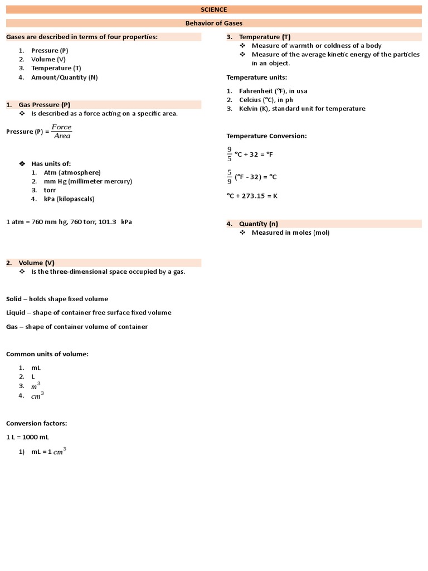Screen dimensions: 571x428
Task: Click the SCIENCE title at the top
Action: (214, 9)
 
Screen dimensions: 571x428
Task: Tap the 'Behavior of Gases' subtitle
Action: (214, 23)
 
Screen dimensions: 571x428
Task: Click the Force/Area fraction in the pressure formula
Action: (61, 132)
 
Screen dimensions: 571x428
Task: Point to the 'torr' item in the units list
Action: (50, 190)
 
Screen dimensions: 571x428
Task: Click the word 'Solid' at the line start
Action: (14, 298)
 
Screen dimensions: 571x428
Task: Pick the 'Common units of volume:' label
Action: (47, 354)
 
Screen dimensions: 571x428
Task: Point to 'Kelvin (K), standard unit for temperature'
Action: (302, 108)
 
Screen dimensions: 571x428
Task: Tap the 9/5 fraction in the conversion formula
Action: (229, 153)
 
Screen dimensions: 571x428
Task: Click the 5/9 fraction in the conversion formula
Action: (229, 176)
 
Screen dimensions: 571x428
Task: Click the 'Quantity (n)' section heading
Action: (259, 224)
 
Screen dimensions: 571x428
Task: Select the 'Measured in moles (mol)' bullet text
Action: (290, 233)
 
